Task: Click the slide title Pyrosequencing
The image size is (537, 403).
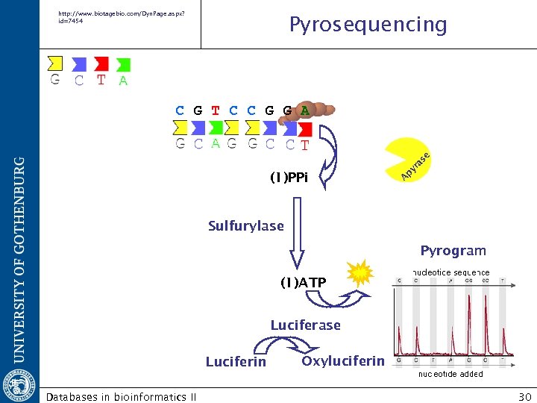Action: [368, 25]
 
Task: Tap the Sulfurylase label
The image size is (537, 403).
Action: [245, 226]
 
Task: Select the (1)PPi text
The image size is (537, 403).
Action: [294, 178]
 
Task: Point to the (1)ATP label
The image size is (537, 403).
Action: [303, 283]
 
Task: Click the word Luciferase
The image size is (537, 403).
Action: [305, 325]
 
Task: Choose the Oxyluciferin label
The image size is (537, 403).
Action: [343, 361]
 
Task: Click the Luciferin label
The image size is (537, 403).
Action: [236, 362]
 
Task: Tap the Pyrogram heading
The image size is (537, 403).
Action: [453, 251]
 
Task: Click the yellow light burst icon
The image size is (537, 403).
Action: [360, 275]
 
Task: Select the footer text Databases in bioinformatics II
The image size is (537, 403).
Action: [122, 396]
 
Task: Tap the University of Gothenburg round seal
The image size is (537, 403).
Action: [19, 379]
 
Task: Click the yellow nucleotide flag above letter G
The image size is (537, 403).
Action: [54, 64]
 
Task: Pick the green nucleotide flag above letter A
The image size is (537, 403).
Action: [123, 65]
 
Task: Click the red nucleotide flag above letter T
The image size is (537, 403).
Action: [101, 64]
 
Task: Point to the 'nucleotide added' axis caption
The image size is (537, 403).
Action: [450, 374]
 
